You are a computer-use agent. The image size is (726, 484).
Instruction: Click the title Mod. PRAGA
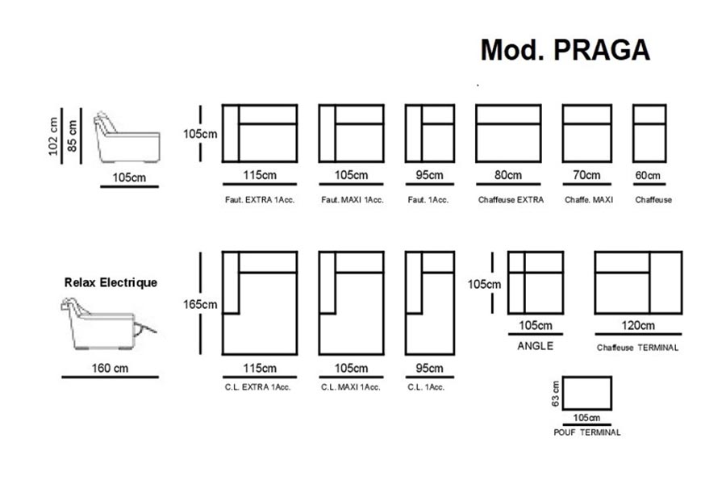(x=565, y=49)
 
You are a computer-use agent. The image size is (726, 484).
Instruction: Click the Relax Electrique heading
(x=111, y=283)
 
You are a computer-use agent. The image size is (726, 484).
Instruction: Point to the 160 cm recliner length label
(x=110, y=369)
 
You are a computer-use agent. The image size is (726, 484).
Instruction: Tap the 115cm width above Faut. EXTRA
(x=259, y=175)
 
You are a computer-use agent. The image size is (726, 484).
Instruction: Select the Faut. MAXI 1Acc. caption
(x=352, y=200)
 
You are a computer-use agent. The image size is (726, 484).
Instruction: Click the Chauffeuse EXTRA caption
(x=511, y=200)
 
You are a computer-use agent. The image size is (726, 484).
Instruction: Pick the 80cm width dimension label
(x=511, y=175)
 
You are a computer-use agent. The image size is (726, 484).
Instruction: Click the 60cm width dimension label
(x=649, y=175)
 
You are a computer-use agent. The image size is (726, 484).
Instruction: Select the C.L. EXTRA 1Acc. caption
(x=258, y=387)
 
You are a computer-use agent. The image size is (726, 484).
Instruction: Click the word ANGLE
(x=534, y=346)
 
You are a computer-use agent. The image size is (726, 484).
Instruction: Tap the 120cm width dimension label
(x=638, y=326)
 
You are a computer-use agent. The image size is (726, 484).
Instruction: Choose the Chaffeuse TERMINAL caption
(x=638, y=348)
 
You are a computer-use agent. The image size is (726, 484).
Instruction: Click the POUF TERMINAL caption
(x=587, y=432)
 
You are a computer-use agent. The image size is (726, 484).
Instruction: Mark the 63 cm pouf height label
(x=556, y=394)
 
